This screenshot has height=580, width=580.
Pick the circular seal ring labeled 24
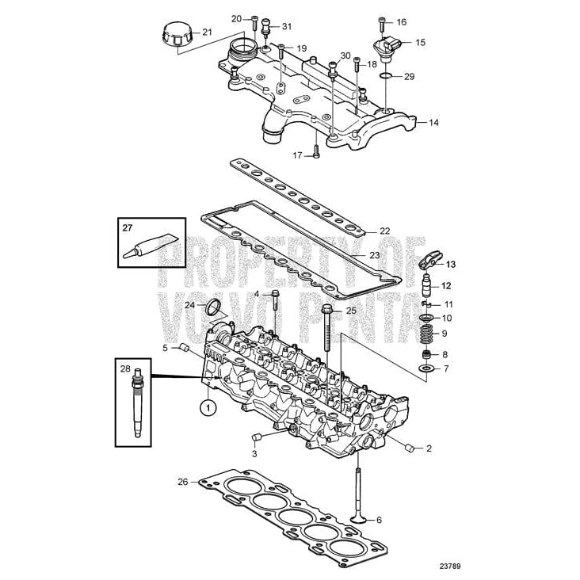(214, 307)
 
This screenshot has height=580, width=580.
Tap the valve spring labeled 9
(425, 333)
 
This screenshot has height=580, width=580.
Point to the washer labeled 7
(426, 369)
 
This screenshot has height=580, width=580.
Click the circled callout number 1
(208, 407)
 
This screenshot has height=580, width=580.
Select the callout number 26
(182, 481)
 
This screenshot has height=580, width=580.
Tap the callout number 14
(433, 123)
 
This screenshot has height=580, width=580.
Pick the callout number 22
(384, 231)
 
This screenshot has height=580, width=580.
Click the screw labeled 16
(383, 23)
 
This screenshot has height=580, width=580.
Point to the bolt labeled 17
(315, 151)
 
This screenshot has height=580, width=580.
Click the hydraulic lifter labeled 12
(427, 286)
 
